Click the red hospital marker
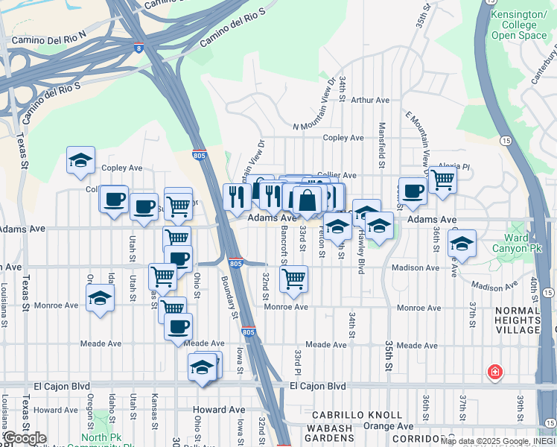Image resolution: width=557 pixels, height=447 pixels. tap(494, 371)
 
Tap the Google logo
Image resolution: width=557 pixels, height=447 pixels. tap(25, 438)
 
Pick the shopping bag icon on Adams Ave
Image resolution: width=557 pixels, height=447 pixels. tap(307, 200)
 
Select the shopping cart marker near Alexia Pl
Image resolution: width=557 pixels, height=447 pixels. tap(442, 179)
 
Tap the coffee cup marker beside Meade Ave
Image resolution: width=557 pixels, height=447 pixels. tap(178, 326)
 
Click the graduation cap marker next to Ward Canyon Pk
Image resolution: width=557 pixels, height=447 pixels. tap(462, 244)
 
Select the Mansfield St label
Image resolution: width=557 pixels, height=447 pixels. tap(381, 145)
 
